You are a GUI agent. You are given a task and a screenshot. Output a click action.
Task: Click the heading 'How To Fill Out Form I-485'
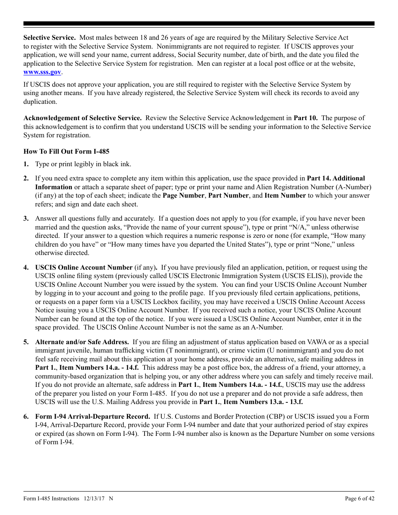(x=66, y=151)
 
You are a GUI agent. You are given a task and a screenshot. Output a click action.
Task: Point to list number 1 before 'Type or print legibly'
(x=26, y=164)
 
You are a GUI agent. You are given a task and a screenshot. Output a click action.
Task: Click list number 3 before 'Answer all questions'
(x=26, y=219)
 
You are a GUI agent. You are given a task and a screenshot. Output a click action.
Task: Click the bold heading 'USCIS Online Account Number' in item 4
(x=84, y=268)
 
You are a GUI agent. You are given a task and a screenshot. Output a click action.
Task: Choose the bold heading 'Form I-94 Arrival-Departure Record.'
(x=93, y=417)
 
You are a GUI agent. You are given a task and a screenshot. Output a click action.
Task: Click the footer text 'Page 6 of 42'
(x=359, y=498)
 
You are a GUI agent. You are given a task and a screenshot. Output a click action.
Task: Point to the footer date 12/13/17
(x=94, y=498)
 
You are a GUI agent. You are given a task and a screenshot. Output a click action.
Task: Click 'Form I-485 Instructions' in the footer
(x=51, y=498)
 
